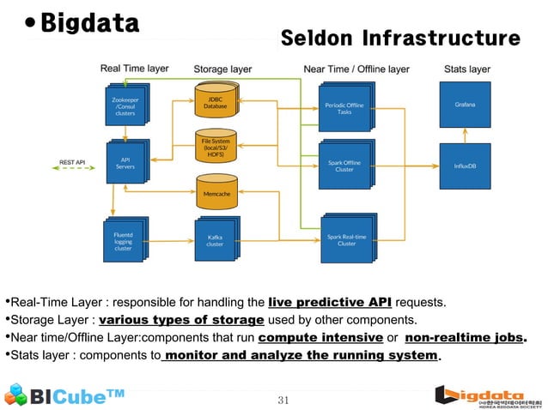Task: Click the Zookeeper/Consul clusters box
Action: [x=125, y=106]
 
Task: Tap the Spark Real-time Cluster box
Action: [x=345, y=238]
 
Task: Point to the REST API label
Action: [x=71, y=161]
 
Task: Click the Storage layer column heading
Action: [x=222, y=69]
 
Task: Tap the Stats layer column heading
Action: [x=467, y=69]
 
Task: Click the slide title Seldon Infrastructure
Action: [x=400, y=39]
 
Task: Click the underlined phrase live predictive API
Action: [x=331, y=303]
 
